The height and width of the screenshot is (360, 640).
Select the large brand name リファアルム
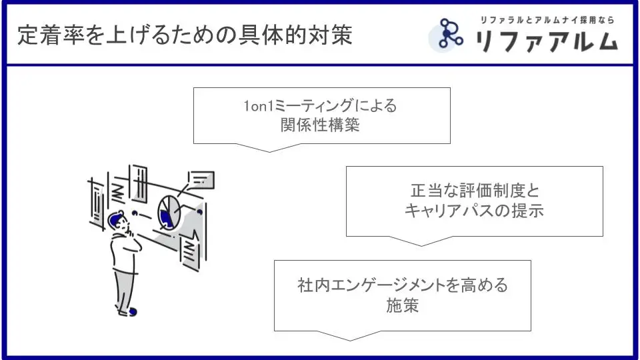pos(546,41)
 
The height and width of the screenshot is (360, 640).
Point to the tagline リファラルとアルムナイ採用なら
pos(547,19)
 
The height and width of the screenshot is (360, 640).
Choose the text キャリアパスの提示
pos(474,211)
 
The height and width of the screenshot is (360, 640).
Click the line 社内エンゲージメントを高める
pos(402,286)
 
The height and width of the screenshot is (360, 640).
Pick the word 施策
pos(402,305)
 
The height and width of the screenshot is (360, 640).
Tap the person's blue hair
pos(117,217)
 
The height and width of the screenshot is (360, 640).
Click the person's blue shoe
pos(132,311)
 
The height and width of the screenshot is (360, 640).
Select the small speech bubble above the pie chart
pos(201,179)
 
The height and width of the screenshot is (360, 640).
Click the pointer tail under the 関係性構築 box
pos(269,147)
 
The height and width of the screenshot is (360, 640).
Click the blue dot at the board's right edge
pos(199,211)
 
